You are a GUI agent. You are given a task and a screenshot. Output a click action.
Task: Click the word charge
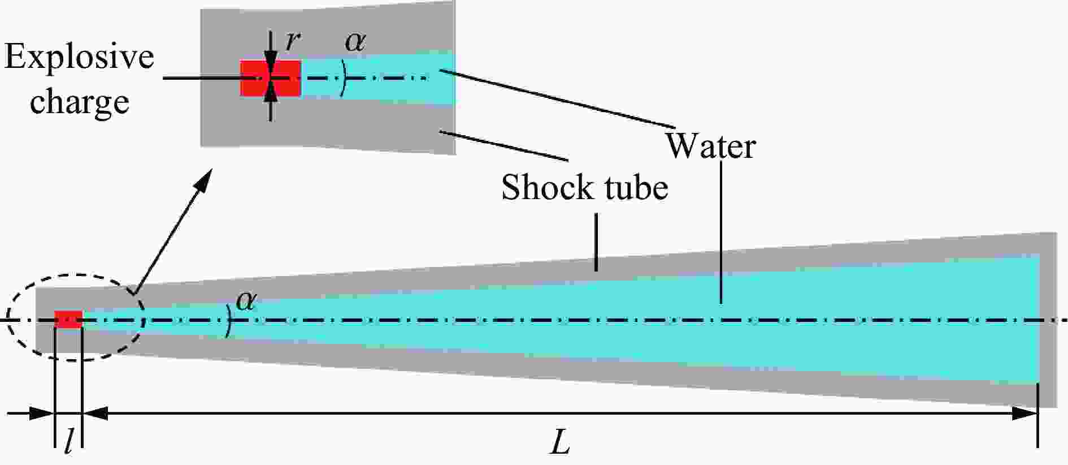click(x=80, y=102)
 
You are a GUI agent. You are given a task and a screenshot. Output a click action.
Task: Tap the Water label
click(x=710, y=146)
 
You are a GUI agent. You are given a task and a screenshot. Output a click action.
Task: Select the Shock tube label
click(x=585, y=187)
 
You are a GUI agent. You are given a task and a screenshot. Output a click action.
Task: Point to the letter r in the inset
click(x=292, y=41)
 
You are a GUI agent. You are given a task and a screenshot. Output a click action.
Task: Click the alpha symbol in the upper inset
click(x=355, y=41)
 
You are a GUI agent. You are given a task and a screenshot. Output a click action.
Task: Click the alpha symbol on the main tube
click(x=246, y=300)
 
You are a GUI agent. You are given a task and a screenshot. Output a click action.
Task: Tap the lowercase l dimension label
click(x=68, y=442)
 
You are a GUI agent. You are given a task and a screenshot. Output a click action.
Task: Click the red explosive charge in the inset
click(x=271, y=78)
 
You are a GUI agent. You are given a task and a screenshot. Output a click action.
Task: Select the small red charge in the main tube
click(x=68, y=319)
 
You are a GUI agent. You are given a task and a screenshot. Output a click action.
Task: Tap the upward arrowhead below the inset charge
click(x=271, y=91)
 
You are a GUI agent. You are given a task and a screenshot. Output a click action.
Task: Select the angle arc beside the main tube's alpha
click(x=229, y=321)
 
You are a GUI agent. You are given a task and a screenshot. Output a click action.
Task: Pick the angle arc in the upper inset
click(x=344, y=78)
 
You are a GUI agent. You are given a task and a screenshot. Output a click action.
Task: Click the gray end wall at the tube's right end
click(x=1049, y=320)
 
